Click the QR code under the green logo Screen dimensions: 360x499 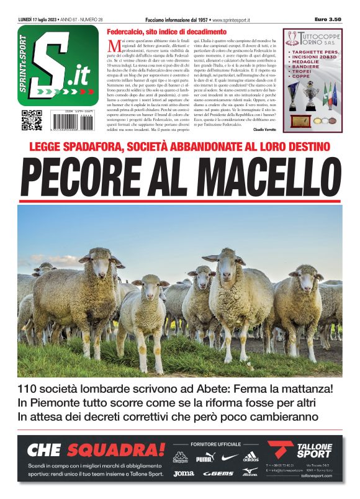[30, 120]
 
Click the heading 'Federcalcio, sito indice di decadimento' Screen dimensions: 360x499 [166, 31]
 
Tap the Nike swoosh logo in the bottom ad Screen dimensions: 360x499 [230, 458]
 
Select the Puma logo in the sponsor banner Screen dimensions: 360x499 [204, 459]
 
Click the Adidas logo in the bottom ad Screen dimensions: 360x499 [251, 457]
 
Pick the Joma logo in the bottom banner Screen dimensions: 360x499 [184, 474]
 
